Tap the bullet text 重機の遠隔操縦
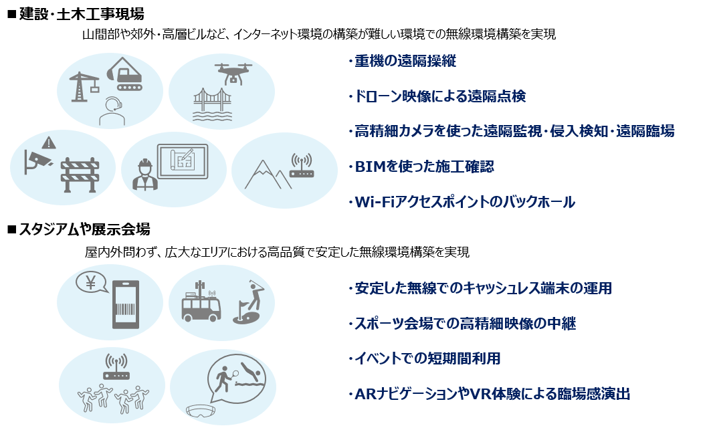[x=405, y=62]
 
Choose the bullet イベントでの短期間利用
[x=427, y=358]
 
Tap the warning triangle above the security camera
[x=48, y=142]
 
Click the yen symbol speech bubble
[x=90, y=282]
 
